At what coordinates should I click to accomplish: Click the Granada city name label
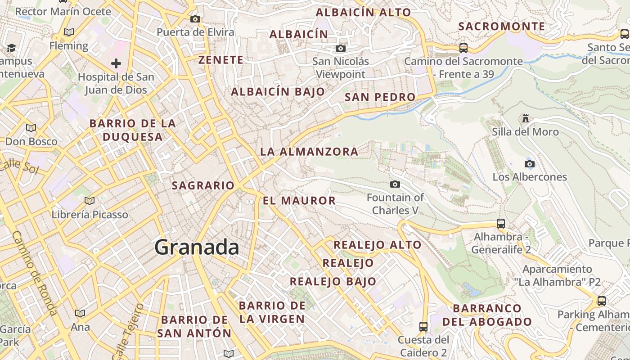(197, 247)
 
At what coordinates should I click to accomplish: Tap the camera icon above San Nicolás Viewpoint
(341, 48)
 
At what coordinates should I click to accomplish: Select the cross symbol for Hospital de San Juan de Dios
(116, 63)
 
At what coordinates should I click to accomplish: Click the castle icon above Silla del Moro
(525, 118)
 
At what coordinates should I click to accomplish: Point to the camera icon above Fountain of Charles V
(395, 184)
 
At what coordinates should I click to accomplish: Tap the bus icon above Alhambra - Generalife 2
(500, 223)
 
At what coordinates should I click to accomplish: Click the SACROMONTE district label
(501, 27)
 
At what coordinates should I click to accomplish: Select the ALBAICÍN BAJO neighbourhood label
(278, 92)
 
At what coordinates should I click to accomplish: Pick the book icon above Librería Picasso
(90, 201)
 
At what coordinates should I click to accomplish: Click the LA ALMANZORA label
(309, 152)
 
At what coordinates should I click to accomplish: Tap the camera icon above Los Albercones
(530, 164)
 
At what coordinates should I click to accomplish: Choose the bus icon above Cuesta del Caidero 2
(423, 326)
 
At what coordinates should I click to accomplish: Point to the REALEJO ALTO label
(377, 245)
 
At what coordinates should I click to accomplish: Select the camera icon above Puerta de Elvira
(195, 19)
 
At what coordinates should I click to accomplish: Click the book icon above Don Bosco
(31, 128)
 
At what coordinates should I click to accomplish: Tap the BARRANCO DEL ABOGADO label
(487, 315)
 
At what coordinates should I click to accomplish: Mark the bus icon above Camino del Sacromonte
(463, 48)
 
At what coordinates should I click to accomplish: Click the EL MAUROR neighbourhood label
(299, 201)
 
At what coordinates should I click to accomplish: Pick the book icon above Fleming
(69, 32)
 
